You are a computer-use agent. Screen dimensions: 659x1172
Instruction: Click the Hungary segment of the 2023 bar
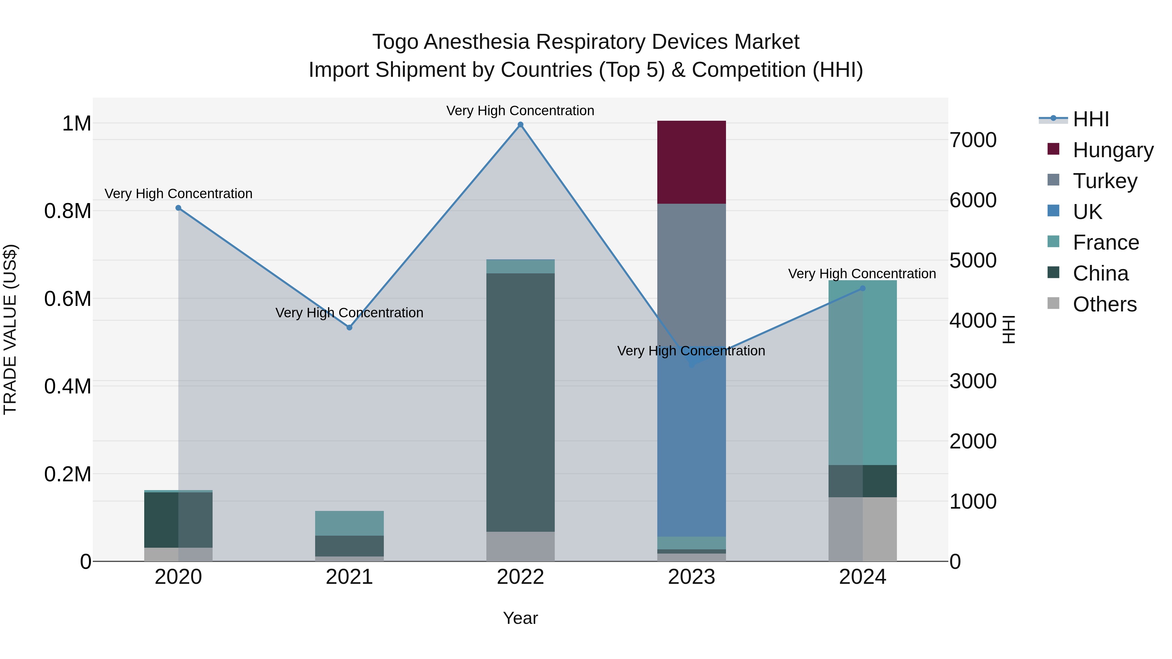(x=691, y=162)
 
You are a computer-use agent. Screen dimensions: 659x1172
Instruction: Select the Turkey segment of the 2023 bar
(x=691, y=273)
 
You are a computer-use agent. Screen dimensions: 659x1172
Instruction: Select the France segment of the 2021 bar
(x=349, y=523)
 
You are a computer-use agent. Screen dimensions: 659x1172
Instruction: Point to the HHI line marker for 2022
(x=521, y=125)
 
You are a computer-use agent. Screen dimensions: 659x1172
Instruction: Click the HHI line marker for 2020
(x=178, y=208)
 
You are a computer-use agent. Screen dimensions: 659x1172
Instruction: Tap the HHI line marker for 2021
(x=349, y=327)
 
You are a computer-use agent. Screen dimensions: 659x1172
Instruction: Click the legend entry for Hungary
(x=1112, y=150)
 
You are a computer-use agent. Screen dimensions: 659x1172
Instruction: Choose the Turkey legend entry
(x=1105, y=181)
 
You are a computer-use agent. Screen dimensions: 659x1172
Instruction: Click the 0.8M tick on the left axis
(x=67, y=212)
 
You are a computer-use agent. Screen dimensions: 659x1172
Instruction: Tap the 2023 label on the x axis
(x=691, y=577)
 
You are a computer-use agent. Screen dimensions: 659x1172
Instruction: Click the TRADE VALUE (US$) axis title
(x=10, y=329)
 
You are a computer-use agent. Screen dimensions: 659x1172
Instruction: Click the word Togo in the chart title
(x=395, y=42)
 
